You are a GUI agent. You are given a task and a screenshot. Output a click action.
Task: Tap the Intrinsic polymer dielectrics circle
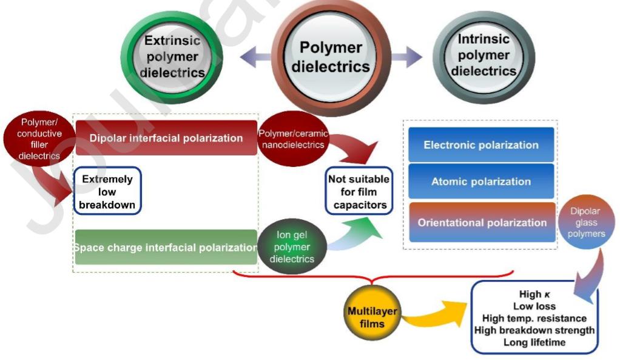484,57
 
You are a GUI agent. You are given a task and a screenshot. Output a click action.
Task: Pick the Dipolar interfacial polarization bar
166,138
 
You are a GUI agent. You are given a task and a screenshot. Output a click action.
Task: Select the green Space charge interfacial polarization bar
166,247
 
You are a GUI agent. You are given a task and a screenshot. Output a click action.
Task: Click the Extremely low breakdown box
107,191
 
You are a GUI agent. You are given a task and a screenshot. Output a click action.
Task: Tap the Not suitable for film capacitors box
359,192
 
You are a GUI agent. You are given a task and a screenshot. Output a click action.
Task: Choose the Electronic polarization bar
481,145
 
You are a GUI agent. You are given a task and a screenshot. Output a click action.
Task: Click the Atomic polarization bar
481,182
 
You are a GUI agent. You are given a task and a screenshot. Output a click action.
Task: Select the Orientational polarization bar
481,222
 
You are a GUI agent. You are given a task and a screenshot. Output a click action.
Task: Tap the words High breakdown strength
538,330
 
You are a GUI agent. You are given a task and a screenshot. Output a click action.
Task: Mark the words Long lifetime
534,342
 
